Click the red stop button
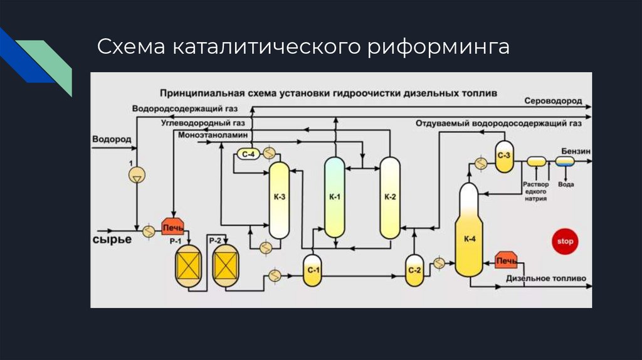(x=566, y=241)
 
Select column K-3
(x=279, y=199)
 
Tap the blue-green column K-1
(x=335, y=197)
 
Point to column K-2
(x=390, y=197)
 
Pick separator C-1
(x=312, y=270)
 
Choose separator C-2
(x=414, y=270)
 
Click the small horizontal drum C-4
(x=246, y=155)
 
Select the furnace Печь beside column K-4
(x=505, y=260)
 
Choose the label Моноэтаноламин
(x=213, y=135)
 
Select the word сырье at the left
(x=112, y=240)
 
